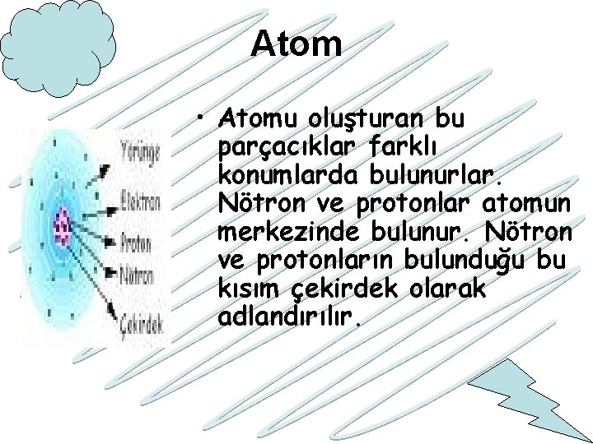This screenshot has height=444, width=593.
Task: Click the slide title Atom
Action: pos(296,44)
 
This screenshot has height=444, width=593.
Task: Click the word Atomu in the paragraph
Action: pos(254,120)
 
